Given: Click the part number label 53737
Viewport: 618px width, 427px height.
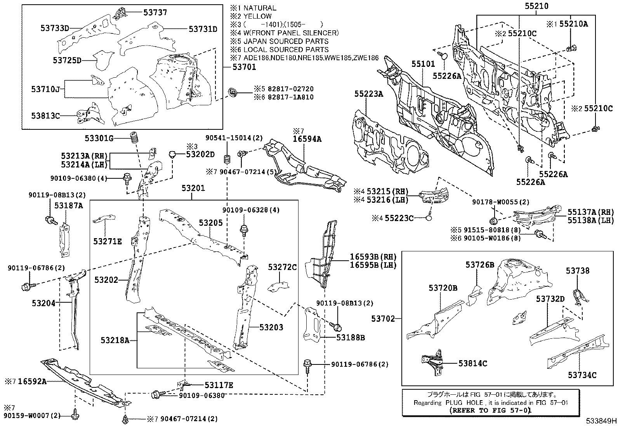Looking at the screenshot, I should [155, 12].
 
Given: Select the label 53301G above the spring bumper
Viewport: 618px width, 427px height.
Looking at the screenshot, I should [99, 138].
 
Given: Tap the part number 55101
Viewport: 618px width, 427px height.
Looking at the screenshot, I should [423, 64].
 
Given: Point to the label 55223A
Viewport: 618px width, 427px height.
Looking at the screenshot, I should [368, 94].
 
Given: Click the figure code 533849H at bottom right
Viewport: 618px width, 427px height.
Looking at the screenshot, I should [601, 421].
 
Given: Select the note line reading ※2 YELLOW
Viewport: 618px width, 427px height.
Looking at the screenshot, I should [251, 16].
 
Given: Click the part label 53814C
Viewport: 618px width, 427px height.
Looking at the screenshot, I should [472, 364].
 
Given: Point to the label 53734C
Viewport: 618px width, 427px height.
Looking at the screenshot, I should [582, 375].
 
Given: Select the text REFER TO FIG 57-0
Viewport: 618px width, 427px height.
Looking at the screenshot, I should [490, 410].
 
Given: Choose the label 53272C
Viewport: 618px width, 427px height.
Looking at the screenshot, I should [282, 267].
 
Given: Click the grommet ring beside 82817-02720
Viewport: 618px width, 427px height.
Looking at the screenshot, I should [234, 93].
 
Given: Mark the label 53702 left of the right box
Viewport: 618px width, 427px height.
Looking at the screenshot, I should [383, 319].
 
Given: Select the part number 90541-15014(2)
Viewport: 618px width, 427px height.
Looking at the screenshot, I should [234, 138].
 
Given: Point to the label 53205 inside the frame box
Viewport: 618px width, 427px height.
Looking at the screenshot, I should [211, 223].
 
